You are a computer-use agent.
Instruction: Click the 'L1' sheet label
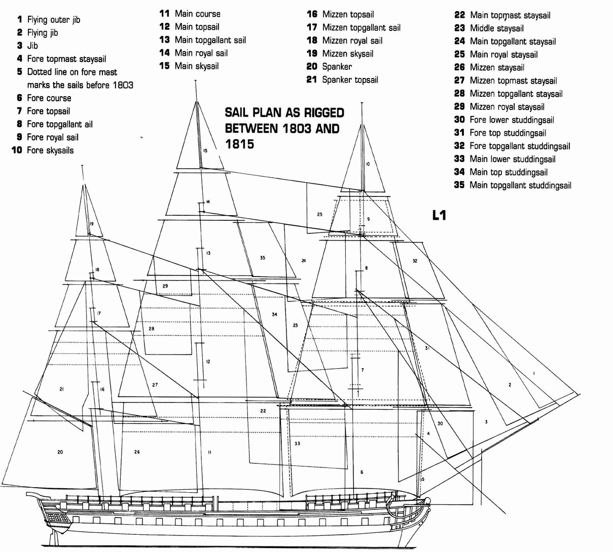point(439,216)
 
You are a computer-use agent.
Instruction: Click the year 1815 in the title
point(240,144)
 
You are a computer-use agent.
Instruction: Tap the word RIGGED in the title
point(323,113)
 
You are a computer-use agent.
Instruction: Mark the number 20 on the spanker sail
point(60,452)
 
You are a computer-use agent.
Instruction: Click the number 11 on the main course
point(209,452)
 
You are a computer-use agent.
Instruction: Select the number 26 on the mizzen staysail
point(137,452)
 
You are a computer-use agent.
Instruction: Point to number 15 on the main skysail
point(205,150)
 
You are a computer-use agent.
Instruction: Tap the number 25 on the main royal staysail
point(319,214)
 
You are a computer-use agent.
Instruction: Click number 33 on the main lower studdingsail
point(297,443)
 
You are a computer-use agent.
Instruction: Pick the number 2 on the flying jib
point(510,385)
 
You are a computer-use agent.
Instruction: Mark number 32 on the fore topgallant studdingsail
point(415,261)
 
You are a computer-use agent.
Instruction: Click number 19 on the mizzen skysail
point(91,223)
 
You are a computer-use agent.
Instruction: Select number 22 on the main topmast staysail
point(263,411)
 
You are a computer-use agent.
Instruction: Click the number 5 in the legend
point(20,72)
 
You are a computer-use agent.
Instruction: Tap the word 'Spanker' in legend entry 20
point(337,67)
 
